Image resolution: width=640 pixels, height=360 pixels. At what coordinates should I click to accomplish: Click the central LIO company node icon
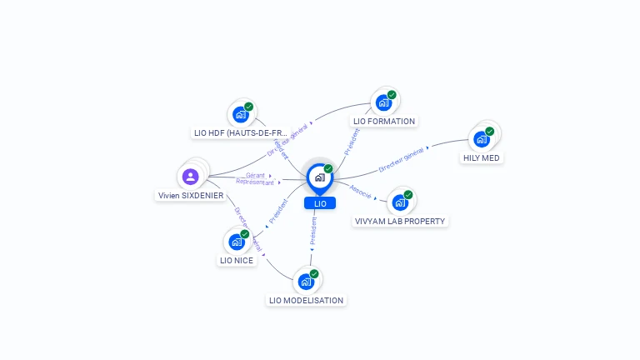tap(319, 177)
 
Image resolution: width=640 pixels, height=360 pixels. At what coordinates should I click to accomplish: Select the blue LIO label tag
tap(319, 203)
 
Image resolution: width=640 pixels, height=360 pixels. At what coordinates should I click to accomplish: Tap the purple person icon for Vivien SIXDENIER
tap(190, 176)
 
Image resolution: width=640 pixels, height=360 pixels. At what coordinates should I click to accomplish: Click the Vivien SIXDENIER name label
tap(191, 195)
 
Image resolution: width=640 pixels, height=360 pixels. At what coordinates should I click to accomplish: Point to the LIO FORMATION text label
tap(384, 122)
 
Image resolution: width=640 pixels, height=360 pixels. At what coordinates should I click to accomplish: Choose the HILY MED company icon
tap(481, 139)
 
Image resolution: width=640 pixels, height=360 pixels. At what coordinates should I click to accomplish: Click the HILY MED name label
tap(482, 157)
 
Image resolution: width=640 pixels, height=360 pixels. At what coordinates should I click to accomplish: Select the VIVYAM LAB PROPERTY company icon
tap(400, 202)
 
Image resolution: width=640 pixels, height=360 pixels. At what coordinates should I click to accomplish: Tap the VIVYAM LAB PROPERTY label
tap(400, 222)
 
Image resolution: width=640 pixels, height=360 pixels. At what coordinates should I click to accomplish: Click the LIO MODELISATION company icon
tap(306, 282)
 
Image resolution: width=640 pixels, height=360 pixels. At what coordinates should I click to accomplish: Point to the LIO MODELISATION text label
tap(306, 300)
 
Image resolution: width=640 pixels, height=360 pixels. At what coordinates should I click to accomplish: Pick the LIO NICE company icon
tap(237, 242)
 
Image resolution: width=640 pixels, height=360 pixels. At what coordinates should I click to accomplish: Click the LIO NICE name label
tap(237, 260)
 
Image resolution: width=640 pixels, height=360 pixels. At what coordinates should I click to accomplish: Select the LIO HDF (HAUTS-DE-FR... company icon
tap(241, 114)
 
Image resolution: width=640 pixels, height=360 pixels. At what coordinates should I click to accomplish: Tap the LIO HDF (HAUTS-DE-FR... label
tap(240, 132)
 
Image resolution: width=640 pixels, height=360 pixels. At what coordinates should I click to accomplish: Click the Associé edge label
tap(360, 191)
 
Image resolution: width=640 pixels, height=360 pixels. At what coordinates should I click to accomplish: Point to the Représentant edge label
tap(254, 182)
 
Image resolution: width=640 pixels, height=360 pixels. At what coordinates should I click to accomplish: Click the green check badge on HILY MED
tap(489, 131)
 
